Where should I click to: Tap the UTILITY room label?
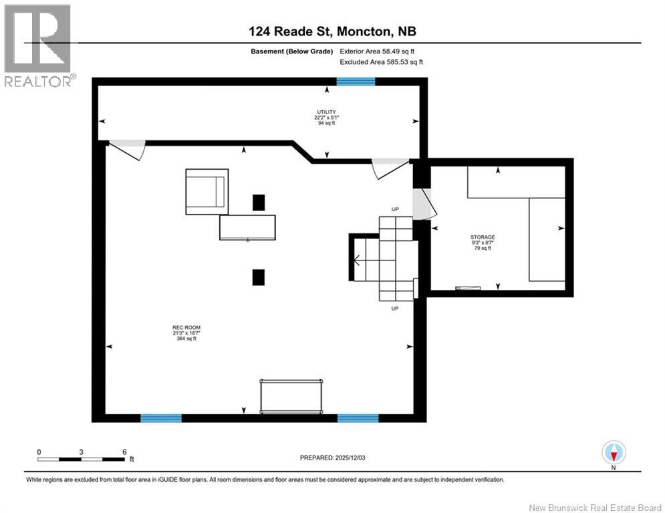coord(327,112)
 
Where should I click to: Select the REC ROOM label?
coord(186,328)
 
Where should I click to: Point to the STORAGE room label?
coord(483,237)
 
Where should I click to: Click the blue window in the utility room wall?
coord(356,81)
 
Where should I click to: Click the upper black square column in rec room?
coord(259,202)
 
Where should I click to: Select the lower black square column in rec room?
coord(259,277)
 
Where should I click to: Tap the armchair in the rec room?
coord(207,192)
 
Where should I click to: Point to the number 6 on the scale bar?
coord(124,452)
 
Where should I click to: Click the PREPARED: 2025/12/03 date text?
coord(333,458)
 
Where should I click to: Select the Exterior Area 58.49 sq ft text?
coord(377,51)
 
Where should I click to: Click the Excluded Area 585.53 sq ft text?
coord(381,62)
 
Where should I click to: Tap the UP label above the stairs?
coord(395,210)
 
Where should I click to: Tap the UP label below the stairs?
coord(395,309)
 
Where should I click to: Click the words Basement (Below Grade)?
coord(292,51)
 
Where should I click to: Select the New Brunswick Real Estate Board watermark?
coord(595,508)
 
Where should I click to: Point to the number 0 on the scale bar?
coord(39,452)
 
